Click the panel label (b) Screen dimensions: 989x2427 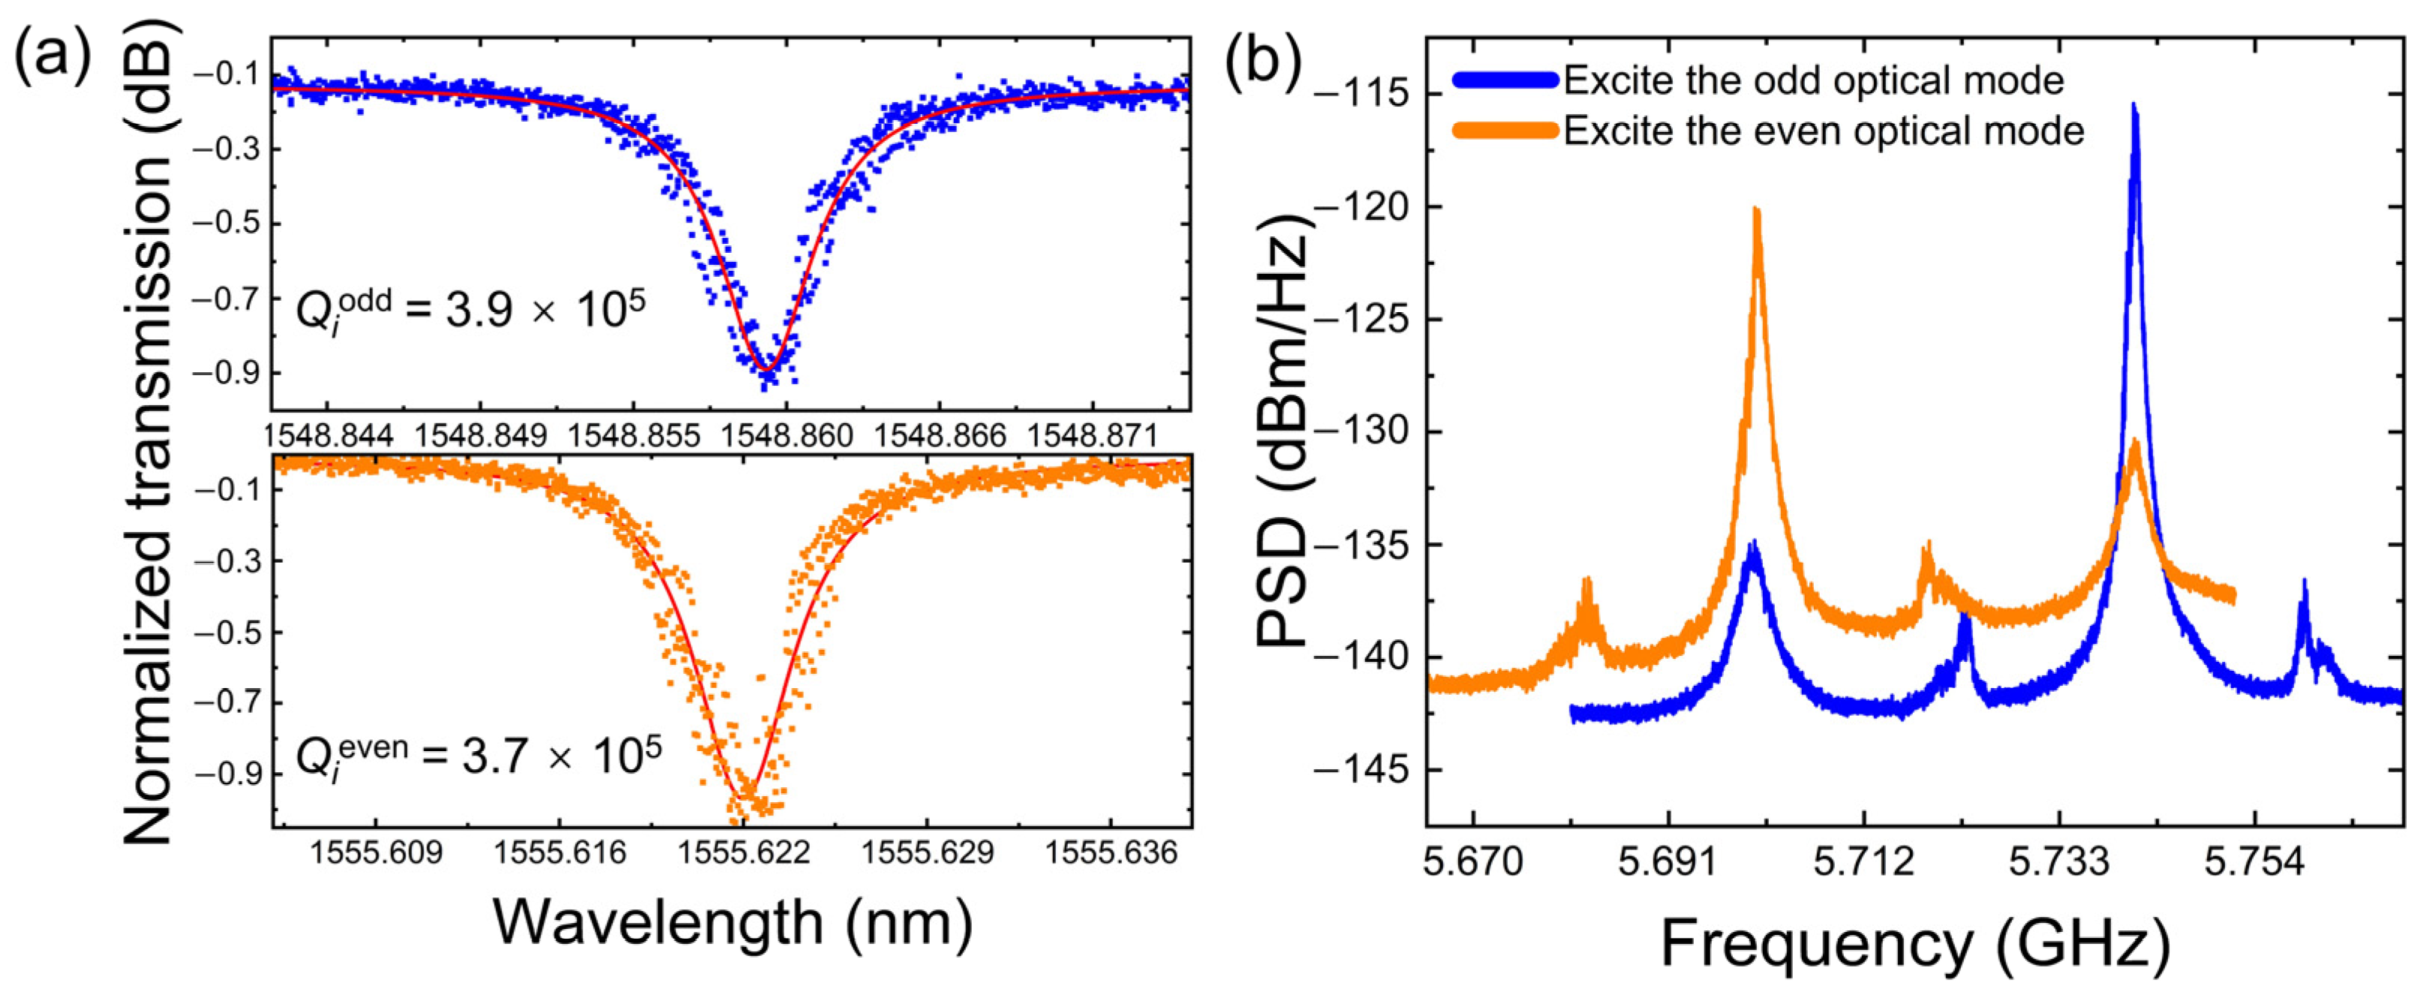pos(1262,59)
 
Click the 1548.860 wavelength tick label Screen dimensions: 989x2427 pos(786,436)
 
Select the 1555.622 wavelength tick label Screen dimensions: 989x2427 pos(744,853)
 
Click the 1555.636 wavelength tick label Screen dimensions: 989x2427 pos(1111,853)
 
